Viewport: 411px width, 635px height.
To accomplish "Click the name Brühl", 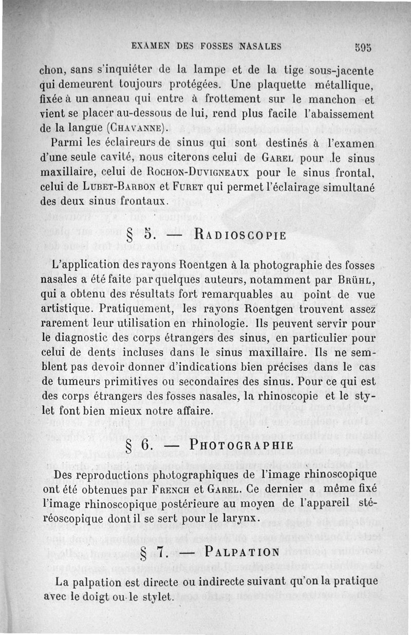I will [x=354, y=281].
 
